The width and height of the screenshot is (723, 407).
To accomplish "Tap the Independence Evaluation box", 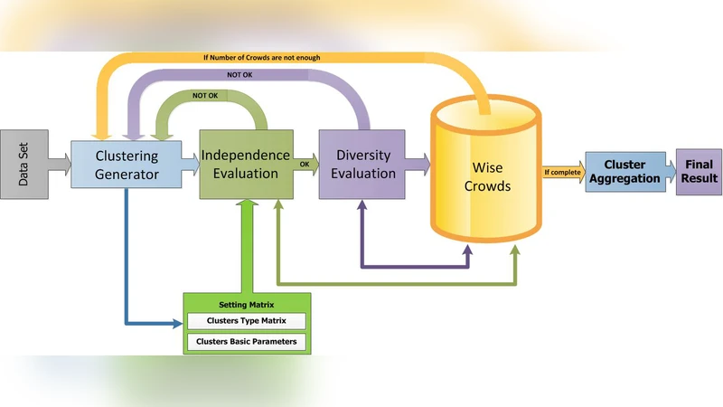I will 245,164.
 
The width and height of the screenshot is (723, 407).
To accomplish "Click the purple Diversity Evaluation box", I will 360,164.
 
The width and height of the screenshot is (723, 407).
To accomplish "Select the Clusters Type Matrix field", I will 246,321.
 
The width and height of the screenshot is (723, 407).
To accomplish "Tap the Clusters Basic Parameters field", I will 246,342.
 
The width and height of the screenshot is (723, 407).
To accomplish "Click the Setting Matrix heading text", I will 246,304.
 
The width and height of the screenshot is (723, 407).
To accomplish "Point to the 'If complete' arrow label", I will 561,171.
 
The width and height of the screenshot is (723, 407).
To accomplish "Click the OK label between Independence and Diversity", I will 304,164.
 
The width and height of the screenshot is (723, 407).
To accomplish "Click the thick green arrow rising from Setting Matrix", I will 247,244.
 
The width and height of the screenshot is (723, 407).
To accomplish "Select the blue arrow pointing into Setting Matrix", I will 149,321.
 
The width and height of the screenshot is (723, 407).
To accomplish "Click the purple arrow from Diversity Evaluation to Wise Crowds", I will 415,164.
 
